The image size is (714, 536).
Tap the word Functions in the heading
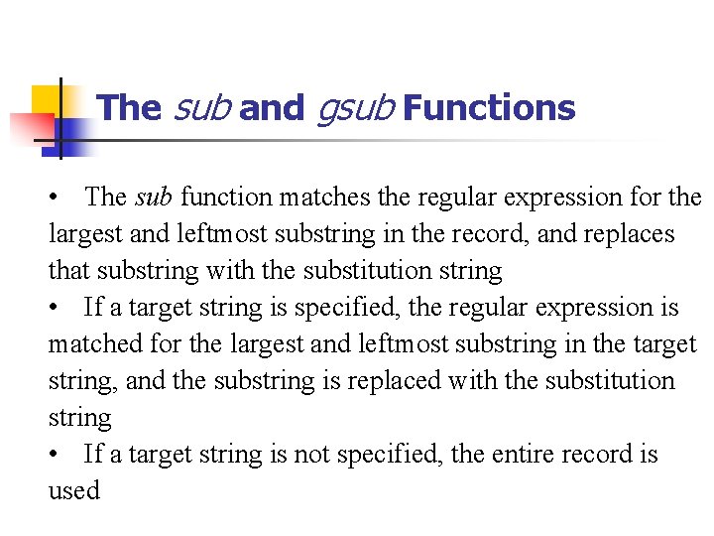tap(490, 107)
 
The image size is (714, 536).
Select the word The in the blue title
tap(131, 107)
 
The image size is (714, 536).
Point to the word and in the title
tap(271, 107)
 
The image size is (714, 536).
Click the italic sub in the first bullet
tap(153, 197)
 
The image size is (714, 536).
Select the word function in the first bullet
tap(225, 197)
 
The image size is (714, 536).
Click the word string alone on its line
tap(79, 417)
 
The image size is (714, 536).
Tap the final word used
tap(74, 490)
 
